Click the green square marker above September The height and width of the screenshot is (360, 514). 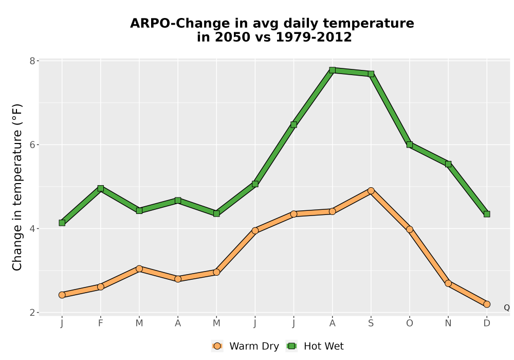pos(371,74)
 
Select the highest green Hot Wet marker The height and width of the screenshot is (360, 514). pos(332,70)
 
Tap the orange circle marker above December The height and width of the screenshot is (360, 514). pos(486,304)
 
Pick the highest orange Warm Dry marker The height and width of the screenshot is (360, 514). pos(371,191)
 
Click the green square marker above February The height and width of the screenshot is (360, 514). pos(101,188)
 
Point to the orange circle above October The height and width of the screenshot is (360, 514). pos(410,229)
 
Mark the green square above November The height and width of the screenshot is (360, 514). pos(448,164)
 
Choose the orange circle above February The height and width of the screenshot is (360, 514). pos(101,287)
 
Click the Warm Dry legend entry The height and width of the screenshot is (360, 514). pos(245,346)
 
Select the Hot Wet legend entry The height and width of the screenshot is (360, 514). pos(315,346)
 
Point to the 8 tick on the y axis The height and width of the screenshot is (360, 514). pos(32,61)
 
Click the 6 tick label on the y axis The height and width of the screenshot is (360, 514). pos(32,145)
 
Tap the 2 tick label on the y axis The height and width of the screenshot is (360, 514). pos(32,313)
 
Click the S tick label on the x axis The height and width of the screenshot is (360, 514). pos(371,323)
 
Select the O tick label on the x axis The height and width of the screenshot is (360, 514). pos(410,323)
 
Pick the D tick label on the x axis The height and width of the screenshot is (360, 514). pos(486,323)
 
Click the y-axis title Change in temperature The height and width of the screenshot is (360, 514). pos(17,187)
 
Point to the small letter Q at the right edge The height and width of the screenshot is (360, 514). pos(507,308)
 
